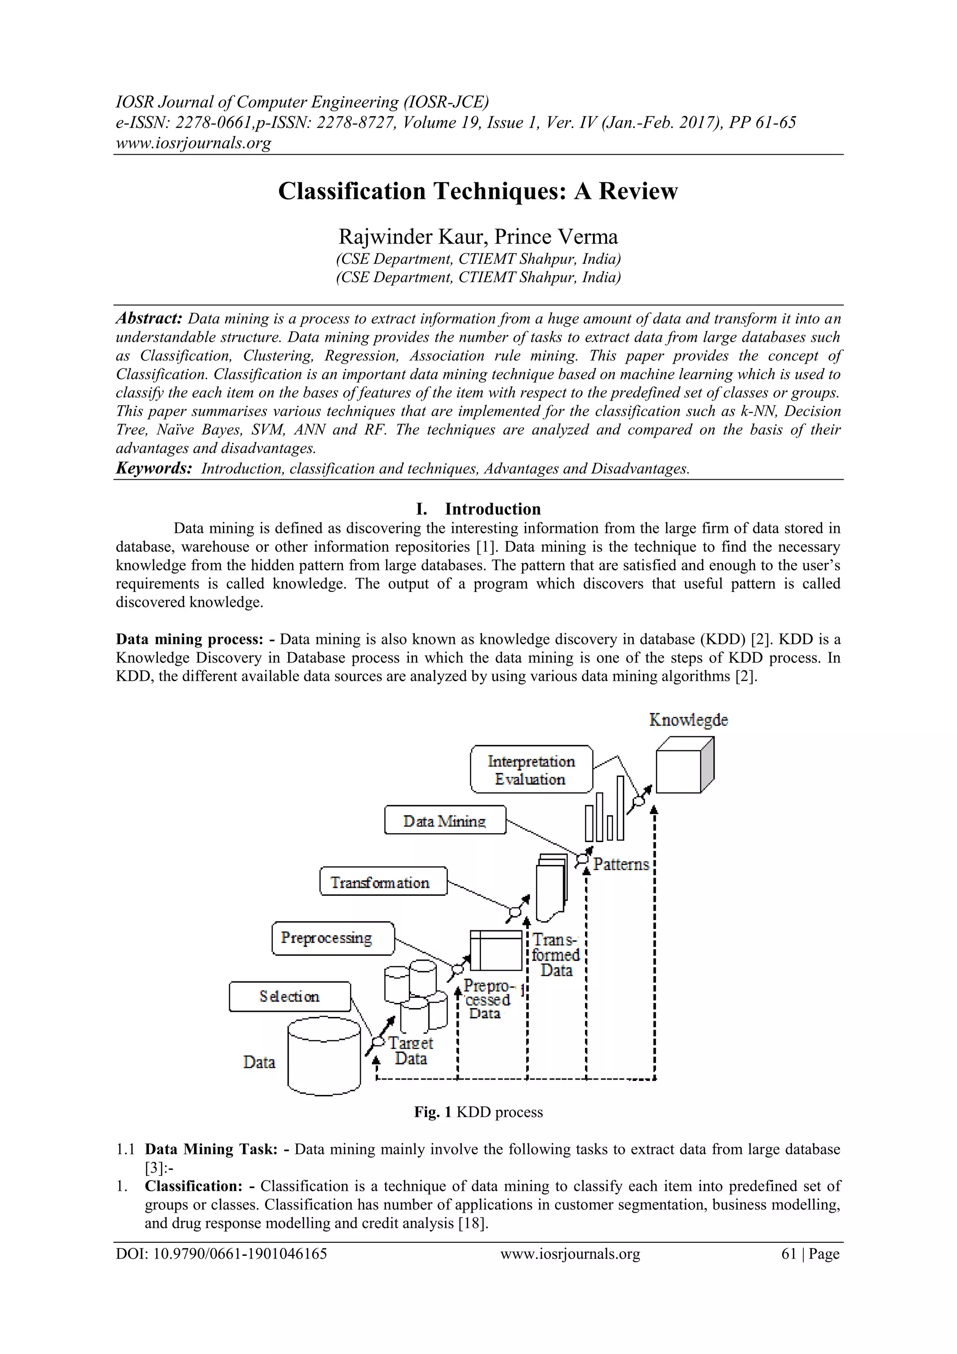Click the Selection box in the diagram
coord(289,997)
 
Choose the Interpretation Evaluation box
coord(531,770)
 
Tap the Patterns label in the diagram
coord(621,864)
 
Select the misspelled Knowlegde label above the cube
coord(688,720)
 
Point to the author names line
coord(478,237)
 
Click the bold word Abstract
coord(149,318)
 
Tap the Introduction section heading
coord(492,509)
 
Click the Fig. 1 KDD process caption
coord(478,1112)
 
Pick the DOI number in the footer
coord(221,1254)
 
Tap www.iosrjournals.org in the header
coord(193,143)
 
